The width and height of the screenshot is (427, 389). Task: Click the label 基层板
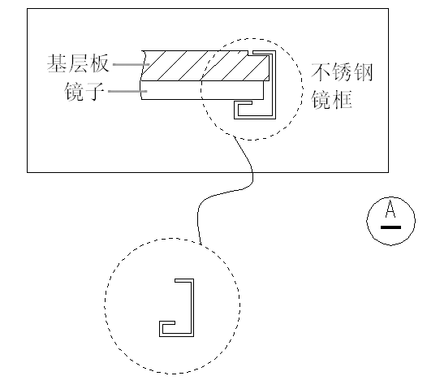(78, 63)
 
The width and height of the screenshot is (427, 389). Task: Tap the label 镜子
(84, 92)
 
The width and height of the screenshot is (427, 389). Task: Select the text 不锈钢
(342, 72)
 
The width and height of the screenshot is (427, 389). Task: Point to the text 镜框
(332, 100)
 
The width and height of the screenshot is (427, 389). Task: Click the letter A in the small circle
(390, 209)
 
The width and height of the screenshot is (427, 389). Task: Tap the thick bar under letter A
(390, 227)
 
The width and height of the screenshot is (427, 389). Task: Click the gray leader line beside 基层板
(132, 64)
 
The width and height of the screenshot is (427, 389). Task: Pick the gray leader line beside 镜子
(127, 91)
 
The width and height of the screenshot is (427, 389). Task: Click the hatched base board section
(205, 66)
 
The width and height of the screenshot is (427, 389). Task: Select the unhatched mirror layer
(202, 90)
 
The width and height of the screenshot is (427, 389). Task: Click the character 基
(57, 63)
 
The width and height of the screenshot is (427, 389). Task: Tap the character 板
(99, 63)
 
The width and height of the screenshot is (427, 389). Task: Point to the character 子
(95, 92)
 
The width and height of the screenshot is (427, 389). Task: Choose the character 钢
(363, 72)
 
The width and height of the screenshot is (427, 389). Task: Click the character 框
(342, 100)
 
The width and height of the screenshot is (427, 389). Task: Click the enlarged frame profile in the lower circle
(192, 308)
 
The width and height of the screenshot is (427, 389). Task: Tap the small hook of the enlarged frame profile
(166, 322)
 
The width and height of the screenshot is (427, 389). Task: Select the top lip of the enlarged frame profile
(184, 280)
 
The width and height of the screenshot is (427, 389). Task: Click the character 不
(321, 72)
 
